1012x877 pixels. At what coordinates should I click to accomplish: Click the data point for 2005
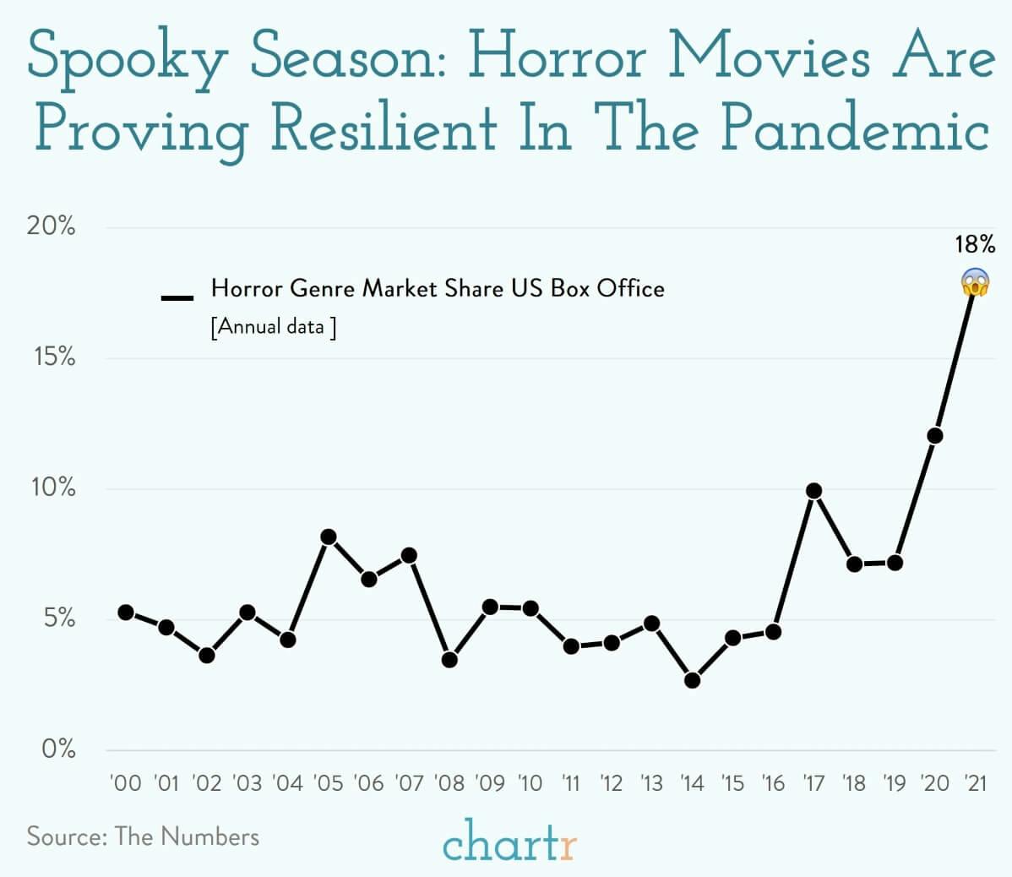click(329, 537)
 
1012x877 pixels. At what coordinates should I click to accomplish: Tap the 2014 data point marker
click(693, 680)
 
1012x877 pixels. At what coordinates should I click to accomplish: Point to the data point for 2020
click(934, 436)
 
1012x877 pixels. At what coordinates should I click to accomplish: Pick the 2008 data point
click(449, 659)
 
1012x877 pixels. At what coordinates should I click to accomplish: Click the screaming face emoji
click(975, 282)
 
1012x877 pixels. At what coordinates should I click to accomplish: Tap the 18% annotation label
click(975, 246)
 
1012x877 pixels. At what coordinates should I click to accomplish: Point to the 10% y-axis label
click(52, 488)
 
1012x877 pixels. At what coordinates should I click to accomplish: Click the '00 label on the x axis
click(126, 783)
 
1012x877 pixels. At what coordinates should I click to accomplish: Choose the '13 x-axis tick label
click(651, 783)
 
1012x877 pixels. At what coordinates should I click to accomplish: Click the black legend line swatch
click(177, 297)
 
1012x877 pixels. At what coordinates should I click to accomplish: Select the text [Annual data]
click(273, 326)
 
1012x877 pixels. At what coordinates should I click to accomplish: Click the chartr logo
click(509, 842)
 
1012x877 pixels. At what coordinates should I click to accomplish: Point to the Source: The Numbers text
click(143, 836)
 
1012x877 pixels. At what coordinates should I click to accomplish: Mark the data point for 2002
click(207, 655)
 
